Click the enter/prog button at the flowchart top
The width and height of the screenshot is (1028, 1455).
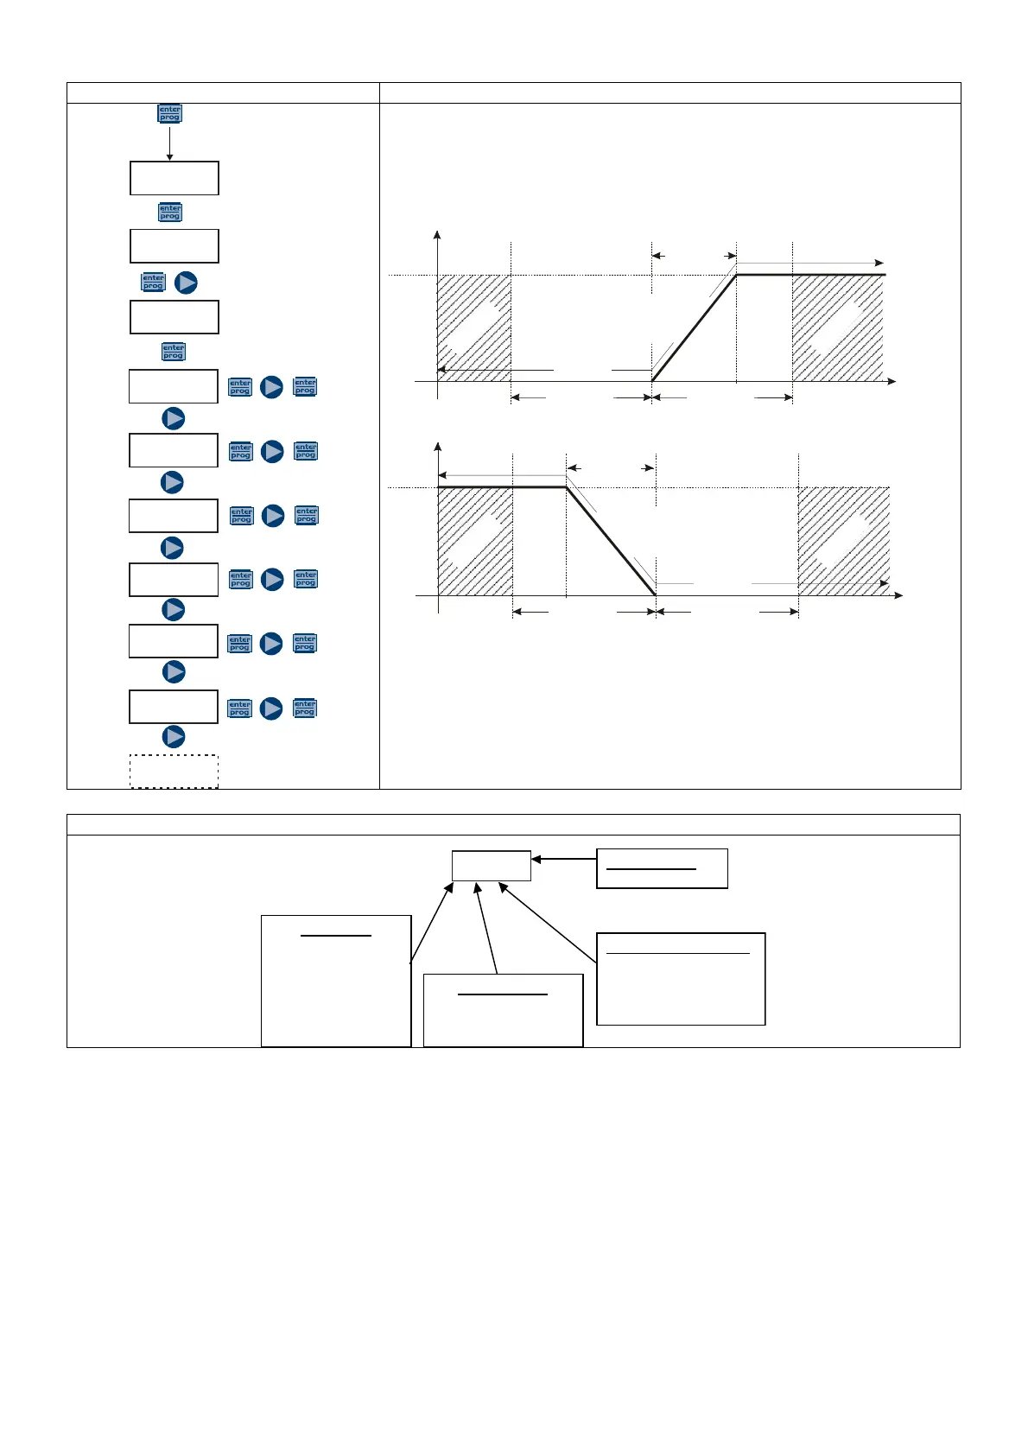[169, 113]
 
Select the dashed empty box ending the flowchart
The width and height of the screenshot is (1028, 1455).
[174, 771]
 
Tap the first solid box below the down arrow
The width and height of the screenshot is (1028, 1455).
[174, 178]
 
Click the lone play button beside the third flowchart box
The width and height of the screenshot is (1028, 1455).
[186, 283]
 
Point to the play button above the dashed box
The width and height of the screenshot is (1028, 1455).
[174, 736]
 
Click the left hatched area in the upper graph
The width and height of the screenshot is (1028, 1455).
[474, 327]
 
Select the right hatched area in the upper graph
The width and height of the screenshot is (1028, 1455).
[837, 327]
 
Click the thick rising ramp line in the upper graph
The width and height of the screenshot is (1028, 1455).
[694, 328]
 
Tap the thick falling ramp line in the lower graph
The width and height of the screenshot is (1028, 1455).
[611, 542]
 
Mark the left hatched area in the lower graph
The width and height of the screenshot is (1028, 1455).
[475, 541]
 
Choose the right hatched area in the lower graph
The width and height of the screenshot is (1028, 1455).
[843, 541]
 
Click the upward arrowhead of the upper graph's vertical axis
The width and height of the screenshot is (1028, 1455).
[438, 234]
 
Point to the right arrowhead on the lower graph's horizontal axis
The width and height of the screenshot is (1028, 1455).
[898, 595]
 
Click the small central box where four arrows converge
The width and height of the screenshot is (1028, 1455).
[491, 866]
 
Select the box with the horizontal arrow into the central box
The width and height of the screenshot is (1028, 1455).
[662, 868]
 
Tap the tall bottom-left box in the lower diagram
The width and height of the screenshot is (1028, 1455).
[336, 981]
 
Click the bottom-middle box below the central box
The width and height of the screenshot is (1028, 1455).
[503, 1010]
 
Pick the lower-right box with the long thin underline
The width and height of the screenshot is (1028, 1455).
[681, 979]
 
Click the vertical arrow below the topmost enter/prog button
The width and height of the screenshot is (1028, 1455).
[169, 143]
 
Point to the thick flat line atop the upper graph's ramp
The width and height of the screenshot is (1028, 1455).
[810, 275]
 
